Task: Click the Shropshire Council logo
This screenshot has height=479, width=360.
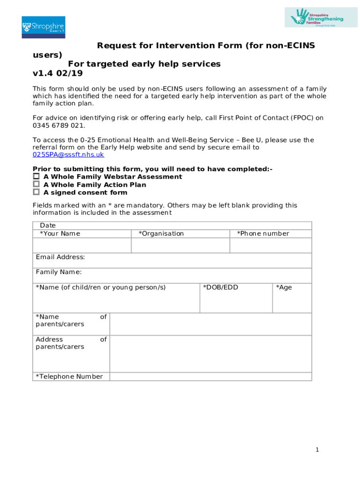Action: click(43, 27)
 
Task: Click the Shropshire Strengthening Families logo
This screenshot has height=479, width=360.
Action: click(321, 17)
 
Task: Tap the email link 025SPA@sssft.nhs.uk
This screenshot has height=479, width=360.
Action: click(68, 155)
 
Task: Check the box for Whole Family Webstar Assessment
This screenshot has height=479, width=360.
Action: click(36, 176)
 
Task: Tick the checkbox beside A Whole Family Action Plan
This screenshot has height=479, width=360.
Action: click(36, 184)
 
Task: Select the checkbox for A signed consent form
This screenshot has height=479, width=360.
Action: click(36, 192)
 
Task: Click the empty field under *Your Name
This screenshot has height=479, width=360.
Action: click(82, 246)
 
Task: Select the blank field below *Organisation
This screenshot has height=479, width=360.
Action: click(180, 246)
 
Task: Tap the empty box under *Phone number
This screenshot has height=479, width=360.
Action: click(271, 246)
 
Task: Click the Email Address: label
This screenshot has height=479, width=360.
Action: click(60, 257)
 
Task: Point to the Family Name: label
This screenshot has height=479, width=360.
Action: click(58, 272)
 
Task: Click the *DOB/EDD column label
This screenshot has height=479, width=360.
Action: click(220, 287)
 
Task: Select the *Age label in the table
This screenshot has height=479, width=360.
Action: click(284, 287)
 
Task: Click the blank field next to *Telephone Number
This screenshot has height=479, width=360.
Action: click(210, 377)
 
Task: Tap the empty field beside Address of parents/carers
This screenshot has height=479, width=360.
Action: click(210, 354)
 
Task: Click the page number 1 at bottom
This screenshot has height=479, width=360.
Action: click(317, 450)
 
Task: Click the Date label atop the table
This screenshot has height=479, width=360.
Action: click(48, 225)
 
